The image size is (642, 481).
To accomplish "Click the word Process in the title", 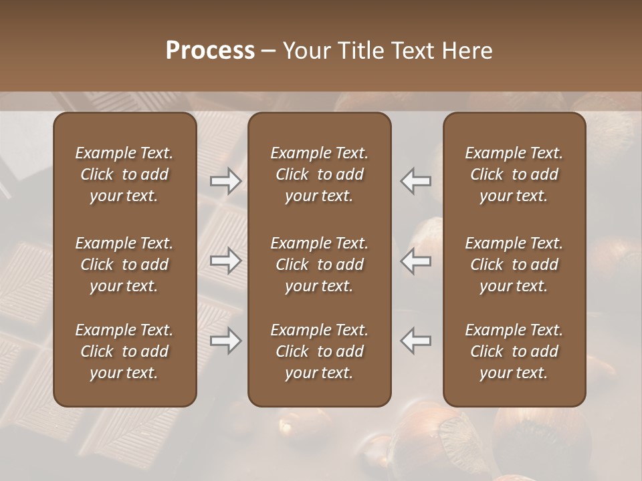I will click(x=210, y=51).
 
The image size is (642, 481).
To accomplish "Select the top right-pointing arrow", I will click(x=225, y=180).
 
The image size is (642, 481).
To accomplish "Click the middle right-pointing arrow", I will click(x=225, y=261).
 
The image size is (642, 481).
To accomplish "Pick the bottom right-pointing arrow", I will click(x=225, y=341).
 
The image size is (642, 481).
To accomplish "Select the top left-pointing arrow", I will click(x=416, y=180).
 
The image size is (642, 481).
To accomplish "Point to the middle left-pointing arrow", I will click(x=416, y=261).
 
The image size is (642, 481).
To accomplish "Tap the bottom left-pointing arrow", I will click(x=416, y=340).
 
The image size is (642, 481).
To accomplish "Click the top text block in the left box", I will click(x=124, y=174).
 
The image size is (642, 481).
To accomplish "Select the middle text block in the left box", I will click(x=124, y=265).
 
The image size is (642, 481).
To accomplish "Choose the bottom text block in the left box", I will click(x=124, y=351).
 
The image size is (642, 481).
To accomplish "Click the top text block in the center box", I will click(x=319, y=174).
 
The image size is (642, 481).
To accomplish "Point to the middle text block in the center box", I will click(x=319, y=265).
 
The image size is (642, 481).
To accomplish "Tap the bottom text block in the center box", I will click(x=319, y=351).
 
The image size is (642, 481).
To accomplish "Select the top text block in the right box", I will click(x=514, y=174).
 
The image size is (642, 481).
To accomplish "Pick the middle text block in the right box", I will click(x=514, y=265).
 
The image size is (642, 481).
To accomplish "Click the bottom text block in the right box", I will click(x=514, y=351).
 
